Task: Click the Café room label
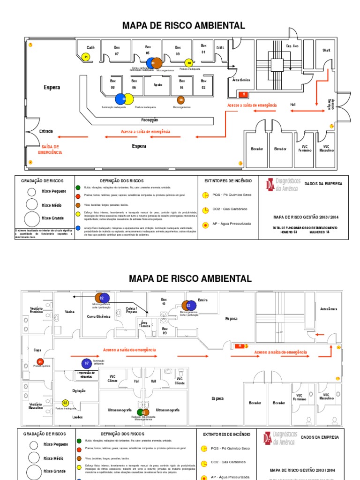(90, 47)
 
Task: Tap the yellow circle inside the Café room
(86, 57)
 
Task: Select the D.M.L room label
(220, 47)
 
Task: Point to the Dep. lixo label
(292, 46)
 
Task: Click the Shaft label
(326, 50)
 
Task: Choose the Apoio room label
(157, 85)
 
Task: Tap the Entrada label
(46, 131)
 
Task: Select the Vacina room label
(70, 312)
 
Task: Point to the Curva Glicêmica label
(98, 316)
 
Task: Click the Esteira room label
(203, 300)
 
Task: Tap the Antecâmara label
(329, 309)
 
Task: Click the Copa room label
(37, 350)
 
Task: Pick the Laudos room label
(77, 417)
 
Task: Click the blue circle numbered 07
(86, 363)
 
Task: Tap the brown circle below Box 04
(181, 100)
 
